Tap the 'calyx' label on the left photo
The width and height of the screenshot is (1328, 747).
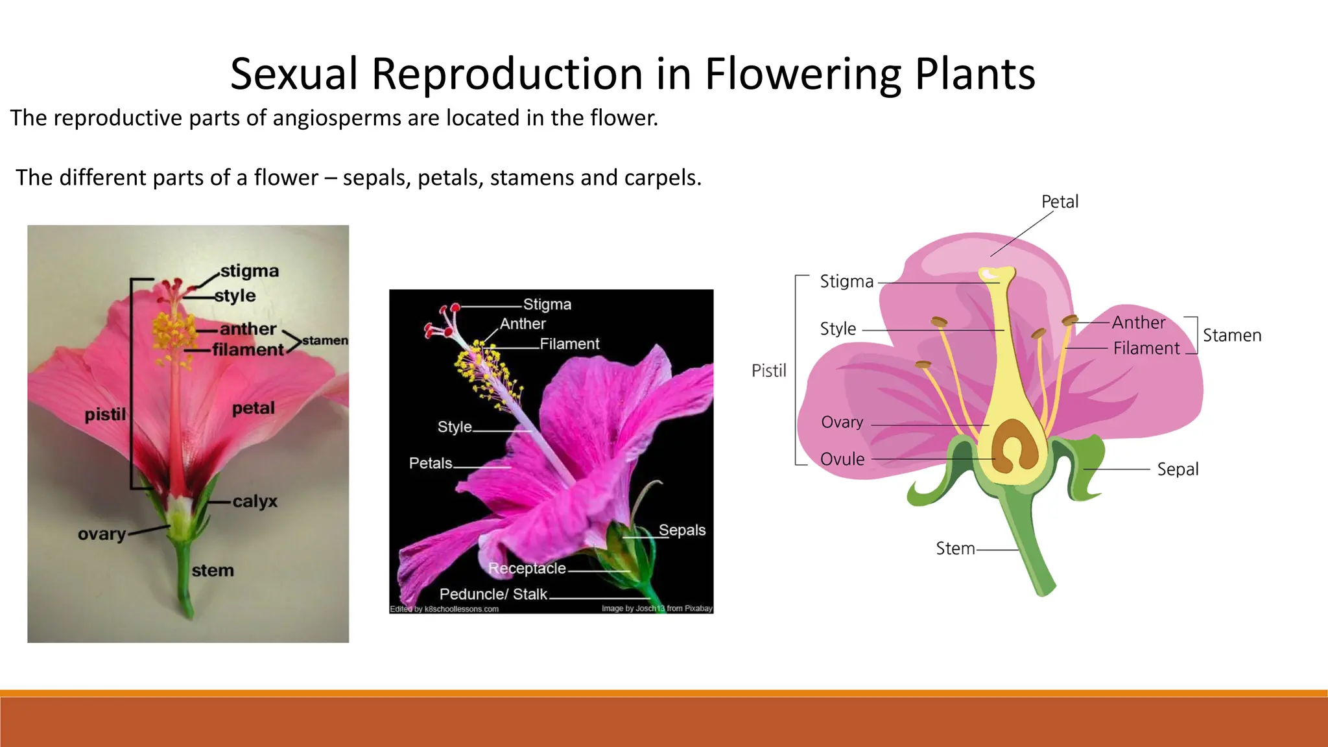coord(255,501)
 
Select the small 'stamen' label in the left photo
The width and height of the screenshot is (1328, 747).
coord(325,340)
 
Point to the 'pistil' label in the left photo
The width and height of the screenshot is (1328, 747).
coord(105,414)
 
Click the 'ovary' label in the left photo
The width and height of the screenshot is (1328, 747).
coord(102,534)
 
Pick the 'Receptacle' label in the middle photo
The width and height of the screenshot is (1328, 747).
coord(527,569)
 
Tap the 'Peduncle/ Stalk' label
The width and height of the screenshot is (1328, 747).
coord(493,594)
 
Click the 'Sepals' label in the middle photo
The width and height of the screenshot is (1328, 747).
coord(682,530)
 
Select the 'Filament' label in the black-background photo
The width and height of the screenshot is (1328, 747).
coord(569,344)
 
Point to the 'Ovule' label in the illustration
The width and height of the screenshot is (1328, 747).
coord(842,459)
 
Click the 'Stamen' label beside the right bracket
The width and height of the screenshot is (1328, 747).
coord(1231,335)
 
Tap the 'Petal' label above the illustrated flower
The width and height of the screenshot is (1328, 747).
coord(1060,202)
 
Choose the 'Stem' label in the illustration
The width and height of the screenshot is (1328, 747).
coord(954,549)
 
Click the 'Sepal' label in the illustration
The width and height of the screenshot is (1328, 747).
coord(1178,469)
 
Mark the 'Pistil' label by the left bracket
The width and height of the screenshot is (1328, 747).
coord(768,371)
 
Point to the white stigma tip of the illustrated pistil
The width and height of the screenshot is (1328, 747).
coord(991,275)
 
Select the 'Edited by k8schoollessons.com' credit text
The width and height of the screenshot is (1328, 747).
coord(444,609)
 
